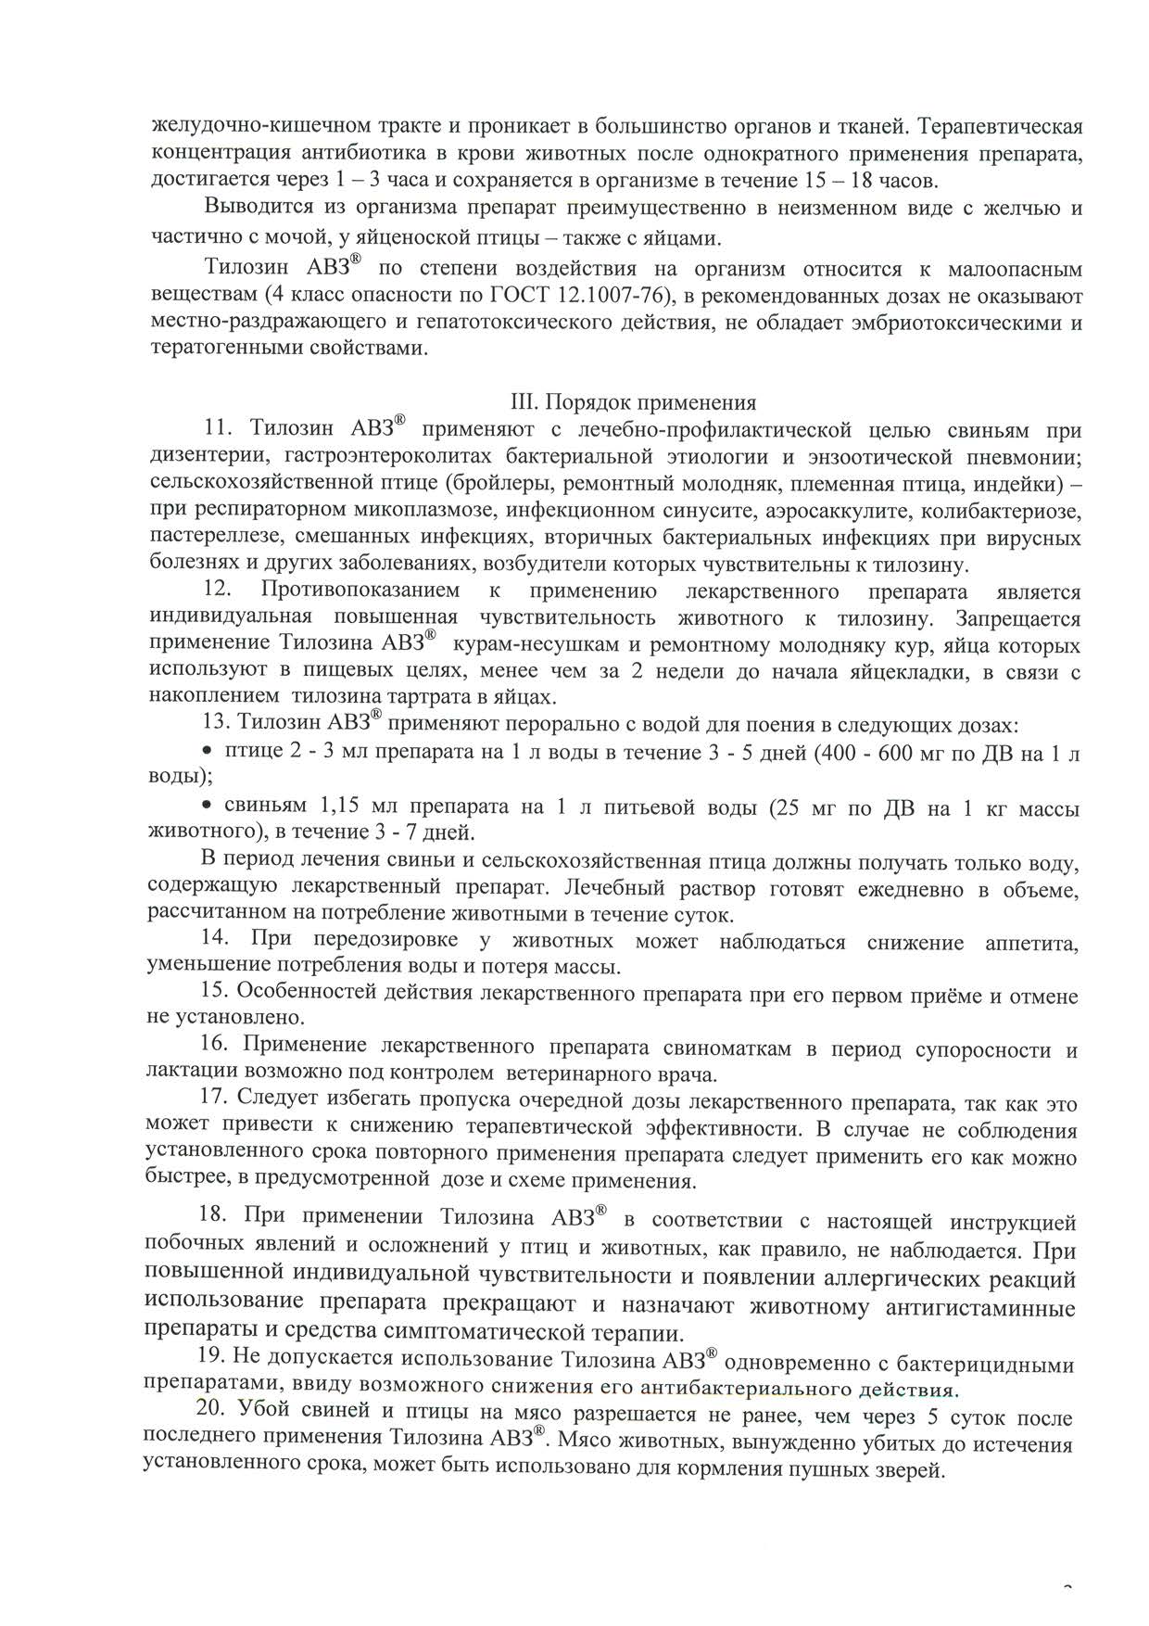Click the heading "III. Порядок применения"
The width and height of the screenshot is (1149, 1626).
tap(634, 403)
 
